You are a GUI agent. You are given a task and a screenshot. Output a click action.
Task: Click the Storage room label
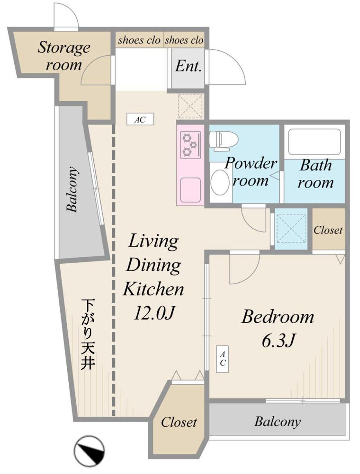pos(64,56)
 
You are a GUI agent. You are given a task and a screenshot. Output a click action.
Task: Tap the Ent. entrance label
pos(188,66)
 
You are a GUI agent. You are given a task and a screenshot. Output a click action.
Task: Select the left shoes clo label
pos(139,40)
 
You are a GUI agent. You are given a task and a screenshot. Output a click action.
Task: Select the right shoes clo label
pos(184,40)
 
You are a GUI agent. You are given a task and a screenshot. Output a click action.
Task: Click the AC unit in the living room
pos(140,119)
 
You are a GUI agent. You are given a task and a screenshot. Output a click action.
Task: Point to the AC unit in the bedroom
pos(222,359)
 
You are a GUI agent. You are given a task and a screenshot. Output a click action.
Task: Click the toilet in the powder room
pos(224,141)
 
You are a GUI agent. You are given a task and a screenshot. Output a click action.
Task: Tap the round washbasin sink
pos(220,182)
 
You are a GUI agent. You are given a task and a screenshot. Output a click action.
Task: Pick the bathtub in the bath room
pos(315,143)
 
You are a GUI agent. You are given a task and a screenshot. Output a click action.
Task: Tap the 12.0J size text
pos(154,313)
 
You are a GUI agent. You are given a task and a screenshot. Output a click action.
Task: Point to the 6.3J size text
pos(278,341)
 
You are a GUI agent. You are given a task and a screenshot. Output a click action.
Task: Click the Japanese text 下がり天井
pos(88,334)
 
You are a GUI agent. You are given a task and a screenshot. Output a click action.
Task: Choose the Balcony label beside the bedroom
pos(278,422)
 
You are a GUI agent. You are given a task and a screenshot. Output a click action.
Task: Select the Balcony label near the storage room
pos(72,189)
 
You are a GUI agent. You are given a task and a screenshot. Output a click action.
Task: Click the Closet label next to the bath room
pos(328,230)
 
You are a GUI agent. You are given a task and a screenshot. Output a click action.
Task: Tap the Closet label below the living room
pos(179,422)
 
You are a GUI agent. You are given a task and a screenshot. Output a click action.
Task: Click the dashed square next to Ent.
pos(190,106)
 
